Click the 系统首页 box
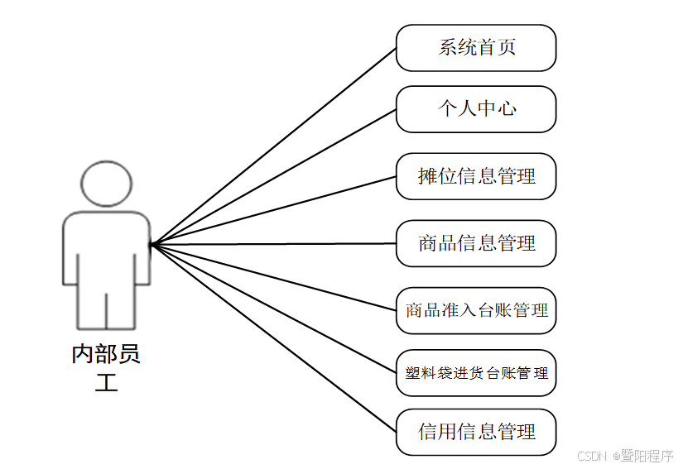pyautogui.click(x=476, y=48)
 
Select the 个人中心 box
pyautogui.click(x=476, y=109)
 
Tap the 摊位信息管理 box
pyautogui.click(x=476, y=176)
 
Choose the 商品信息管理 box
pyautogui.click(x=476, y=243)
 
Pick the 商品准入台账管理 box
pyautogui.click(x=476, y=311)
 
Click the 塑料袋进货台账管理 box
pyautogui.click(x=476, y=373)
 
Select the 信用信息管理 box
pyautogui.click(x=476, y=432)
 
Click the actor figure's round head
pyautogui.click(x=107, y=184)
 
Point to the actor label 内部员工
pyautogui.click(x=106, y=367)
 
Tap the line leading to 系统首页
pyautogui.click(x=273, y=146)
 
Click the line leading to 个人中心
pyautogui.click(x=273, y=177)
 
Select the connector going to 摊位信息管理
pyautogui.click(x=273, y=210)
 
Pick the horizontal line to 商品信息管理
pyautogui.click(x=273, y=244)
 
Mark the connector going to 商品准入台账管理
pyautogui.click(x=273, y=277)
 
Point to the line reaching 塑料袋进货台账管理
pyautogui.click(x=273, y=308)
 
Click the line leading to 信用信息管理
pyautogui.click(x=273, y=337)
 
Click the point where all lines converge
pyautogui.click(x=152, y=245)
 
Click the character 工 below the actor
pyautogui.click(x=106, y=383)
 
